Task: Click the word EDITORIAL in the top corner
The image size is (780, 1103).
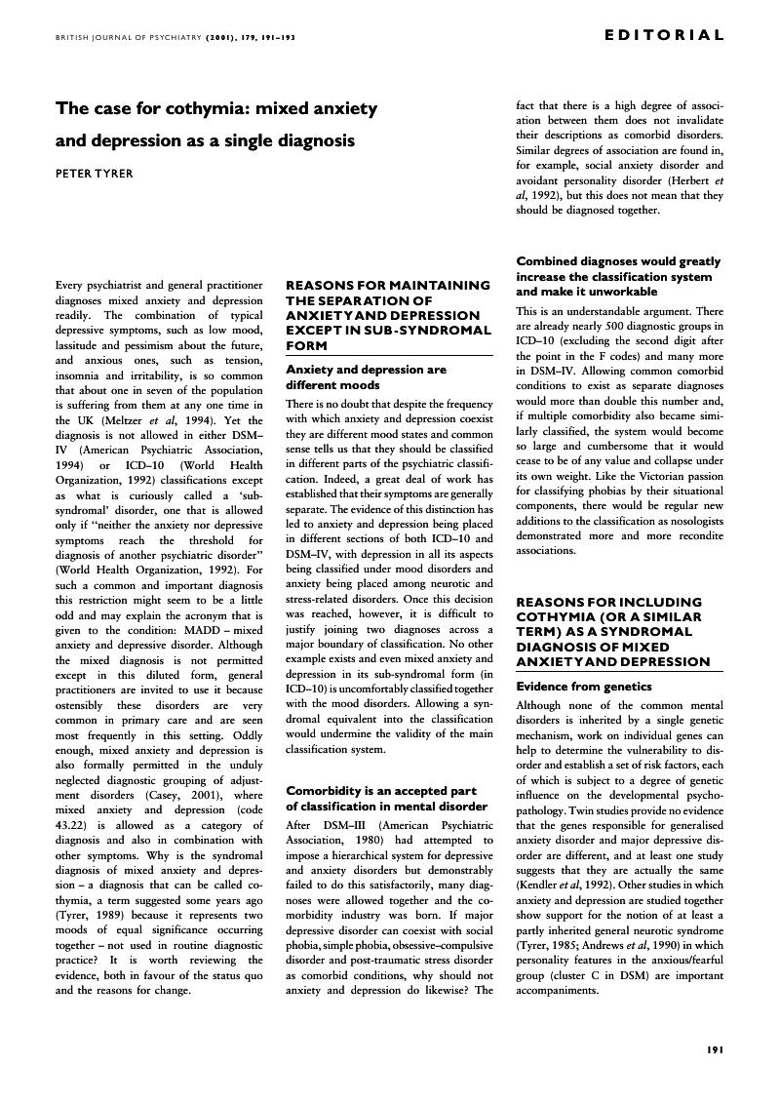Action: click(664, 36)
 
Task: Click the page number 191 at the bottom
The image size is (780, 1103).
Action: click(714, 1049)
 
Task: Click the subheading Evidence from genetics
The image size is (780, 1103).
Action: click(583, 687)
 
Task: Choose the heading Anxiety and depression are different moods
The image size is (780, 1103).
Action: click(366, 377)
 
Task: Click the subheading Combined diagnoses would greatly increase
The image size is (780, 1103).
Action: click(618, 276)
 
